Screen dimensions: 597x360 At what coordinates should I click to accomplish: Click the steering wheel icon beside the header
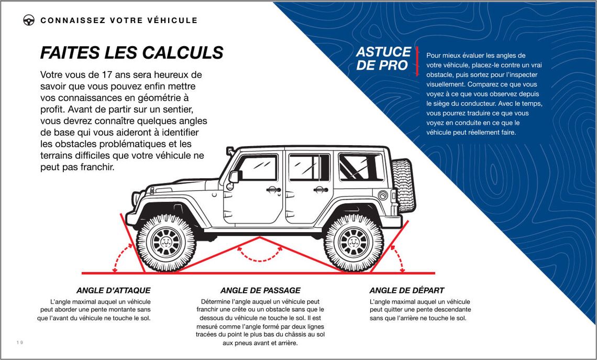[29, 20]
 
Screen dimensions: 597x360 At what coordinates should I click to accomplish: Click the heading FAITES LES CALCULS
[132, 52]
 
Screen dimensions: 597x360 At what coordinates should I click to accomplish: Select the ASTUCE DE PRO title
[383, 58]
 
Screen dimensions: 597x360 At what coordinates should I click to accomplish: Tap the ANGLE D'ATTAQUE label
[114, 290]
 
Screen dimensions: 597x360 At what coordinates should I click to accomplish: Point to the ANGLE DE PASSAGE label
[260, 290]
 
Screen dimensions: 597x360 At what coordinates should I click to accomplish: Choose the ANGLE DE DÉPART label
[407, 290]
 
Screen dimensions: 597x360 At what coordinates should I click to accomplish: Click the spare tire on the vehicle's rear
[403, 185]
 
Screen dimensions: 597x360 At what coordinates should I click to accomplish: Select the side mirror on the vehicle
[234, 177]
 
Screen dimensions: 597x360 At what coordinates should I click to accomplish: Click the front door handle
[273, 189]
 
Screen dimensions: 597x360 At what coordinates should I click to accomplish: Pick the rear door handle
[320, 189]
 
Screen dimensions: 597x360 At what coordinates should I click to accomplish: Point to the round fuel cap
[383, 196]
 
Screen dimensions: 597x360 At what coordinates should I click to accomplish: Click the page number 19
[20, 343]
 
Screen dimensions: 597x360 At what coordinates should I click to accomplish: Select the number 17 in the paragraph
[107, 74]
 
